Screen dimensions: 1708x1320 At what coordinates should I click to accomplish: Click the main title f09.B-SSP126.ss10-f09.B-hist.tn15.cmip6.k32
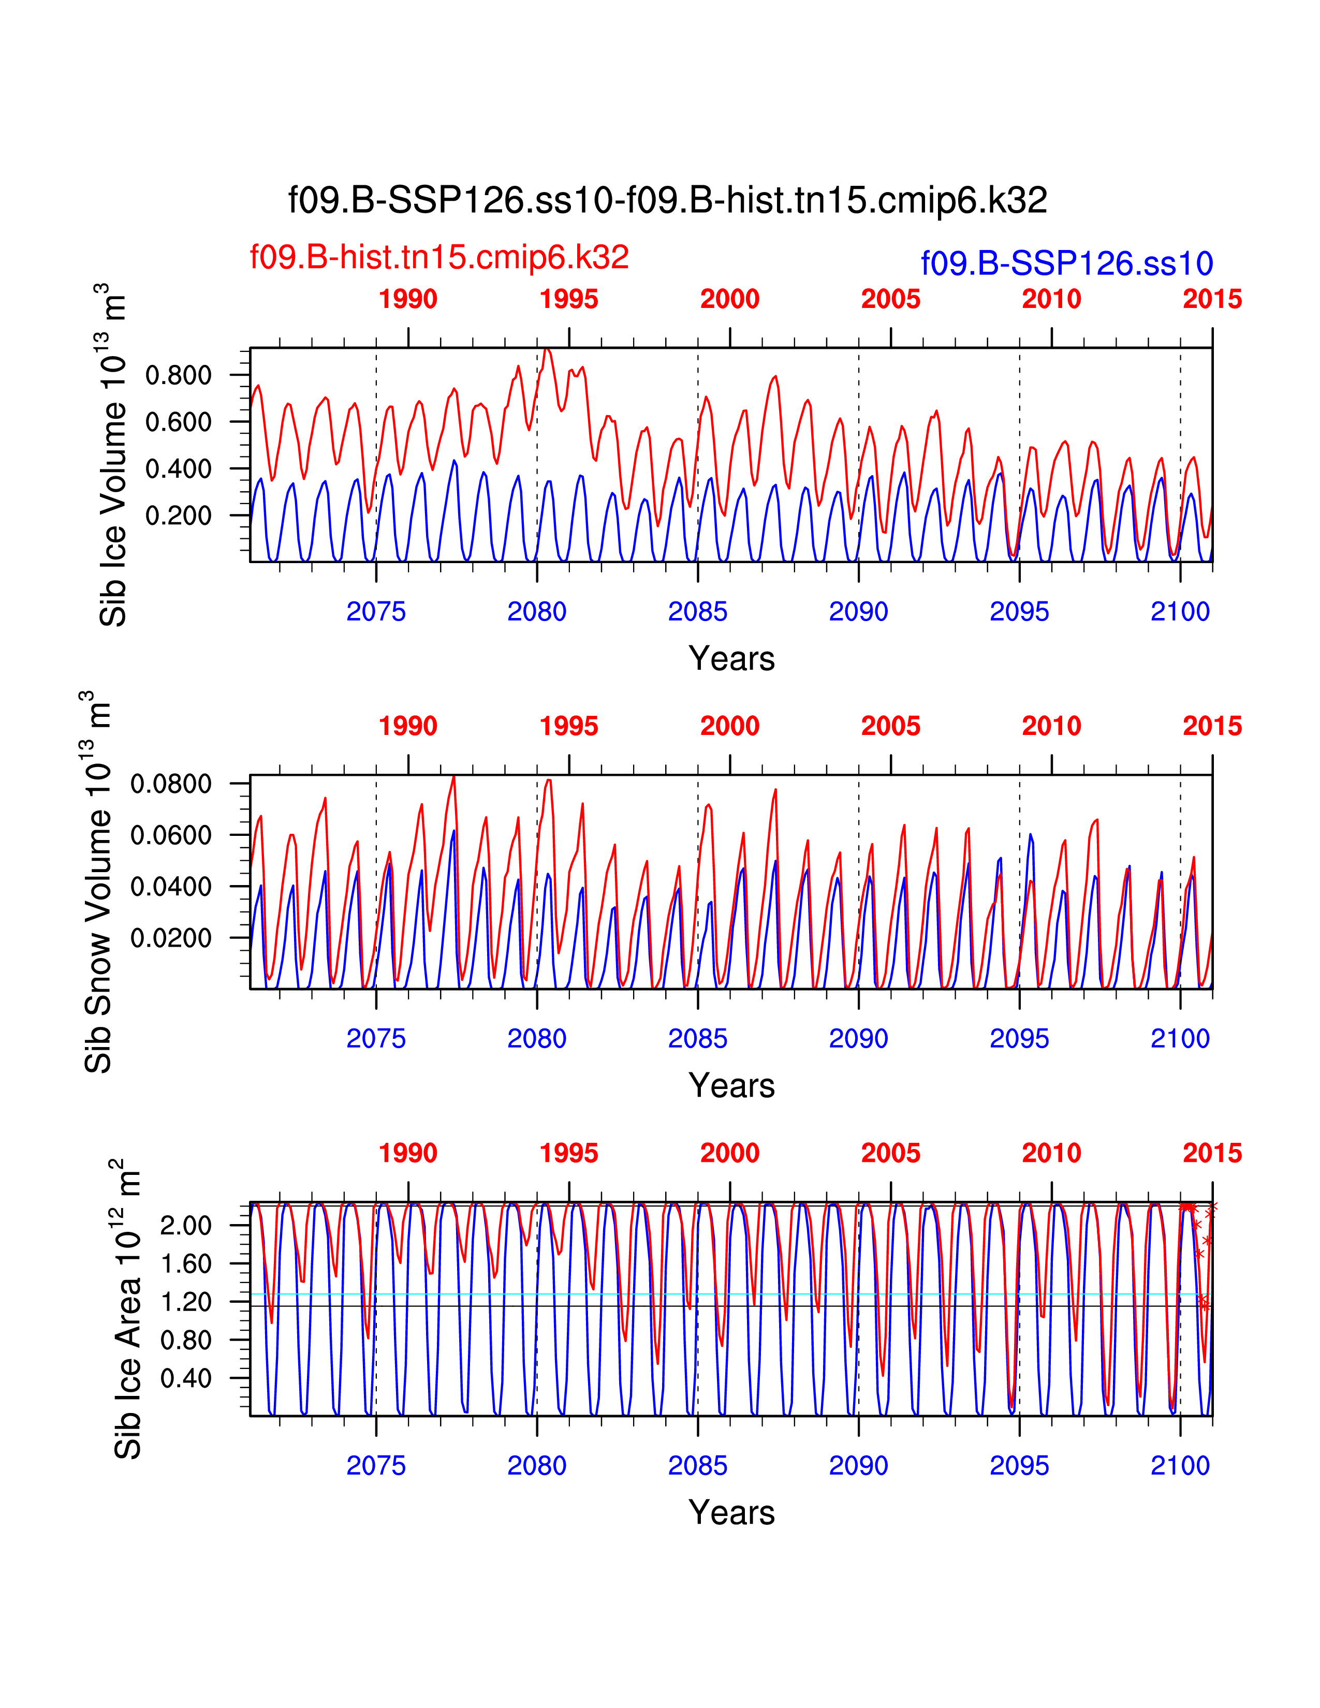coord(667,201)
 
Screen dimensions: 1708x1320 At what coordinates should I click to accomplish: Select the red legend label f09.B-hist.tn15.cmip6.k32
coord(438,257)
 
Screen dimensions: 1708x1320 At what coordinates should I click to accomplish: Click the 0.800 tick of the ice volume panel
coord(178,375)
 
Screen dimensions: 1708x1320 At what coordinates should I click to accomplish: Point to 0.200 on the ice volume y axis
coord(178,516)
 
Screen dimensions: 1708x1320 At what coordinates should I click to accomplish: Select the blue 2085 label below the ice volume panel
coord(698,612)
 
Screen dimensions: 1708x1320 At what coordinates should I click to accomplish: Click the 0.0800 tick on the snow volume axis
coord(170,784)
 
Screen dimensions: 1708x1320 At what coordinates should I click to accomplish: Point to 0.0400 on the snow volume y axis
coord(170,887)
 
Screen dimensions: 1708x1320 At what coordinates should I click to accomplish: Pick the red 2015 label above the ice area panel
coord(1212,1153)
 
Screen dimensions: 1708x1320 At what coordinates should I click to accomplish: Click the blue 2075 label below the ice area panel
coord(376,1466)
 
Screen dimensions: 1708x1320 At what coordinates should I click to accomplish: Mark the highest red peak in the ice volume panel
coord(547,349)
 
